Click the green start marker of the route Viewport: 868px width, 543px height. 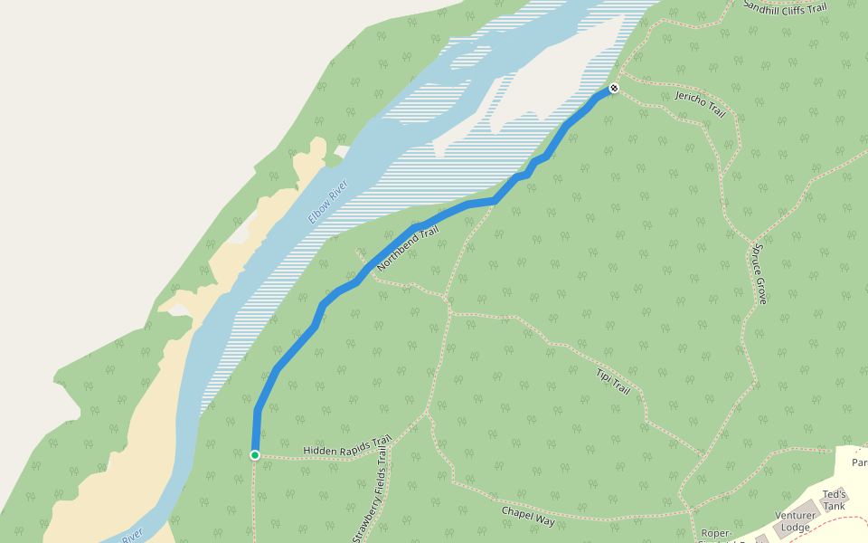click(x=255, y=454)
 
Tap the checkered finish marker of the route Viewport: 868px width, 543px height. click(x=614, y=88)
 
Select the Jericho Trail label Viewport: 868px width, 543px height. click(x=701, y=104)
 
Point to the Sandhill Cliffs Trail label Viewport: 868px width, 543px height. click(x=785, y=7)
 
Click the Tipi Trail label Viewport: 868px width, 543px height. click(x=613, y=381)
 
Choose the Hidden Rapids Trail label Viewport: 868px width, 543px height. click(x=347, y=447)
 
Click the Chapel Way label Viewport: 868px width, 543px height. click(x=528, y=515)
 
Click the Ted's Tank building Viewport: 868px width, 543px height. click(x=834, y=500)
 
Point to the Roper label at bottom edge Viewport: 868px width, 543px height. click(x=715, y=534)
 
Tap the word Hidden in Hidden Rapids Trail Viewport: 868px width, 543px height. click(x=318, y=451)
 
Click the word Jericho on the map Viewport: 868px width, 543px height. click(x=691, y=99)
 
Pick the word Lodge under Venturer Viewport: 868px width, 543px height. click(x=795, y=528)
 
